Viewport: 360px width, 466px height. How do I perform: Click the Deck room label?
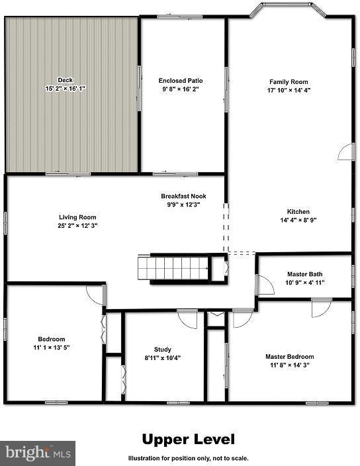pyautogui.click(x=64, y=80)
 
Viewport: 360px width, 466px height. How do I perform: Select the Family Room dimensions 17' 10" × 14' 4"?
pyautogui.click(x=289, y=89)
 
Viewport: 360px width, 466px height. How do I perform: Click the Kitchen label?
pyautogui.click(x=298, y=212)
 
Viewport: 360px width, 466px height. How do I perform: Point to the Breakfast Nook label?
pyautogui.click(x=180, y=196)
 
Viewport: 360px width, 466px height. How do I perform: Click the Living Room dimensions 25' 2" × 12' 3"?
pyautogui.click(x=78, y=226)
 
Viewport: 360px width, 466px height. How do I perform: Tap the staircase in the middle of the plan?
pyautogui.click(x=173, y=268)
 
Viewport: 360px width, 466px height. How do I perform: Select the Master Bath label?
pyautogui.click(x=304, y=273)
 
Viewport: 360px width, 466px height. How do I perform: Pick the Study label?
pyautogui.click(x=163, y=349)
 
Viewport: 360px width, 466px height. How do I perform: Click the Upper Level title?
pyautogui.click(x=189, y=440)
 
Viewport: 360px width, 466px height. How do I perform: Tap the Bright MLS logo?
pyautogui.click(x=38, y=453)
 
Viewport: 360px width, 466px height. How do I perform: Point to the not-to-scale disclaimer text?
pyautogui.click(x=189, y=458)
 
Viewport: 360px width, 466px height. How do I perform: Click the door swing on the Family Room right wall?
pyautogui.click(x=346, y=154)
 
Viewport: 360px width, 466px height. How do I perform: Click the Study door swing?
pyautogui.click(x=188, y=318)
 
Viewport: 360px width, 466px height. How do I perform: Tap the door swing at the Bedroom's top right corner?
pyautogui.click(x=95, y=295)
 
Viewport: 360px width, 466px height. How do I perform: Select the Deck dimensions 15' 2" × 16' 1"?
pyautogui.click(x=65, y=89)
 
